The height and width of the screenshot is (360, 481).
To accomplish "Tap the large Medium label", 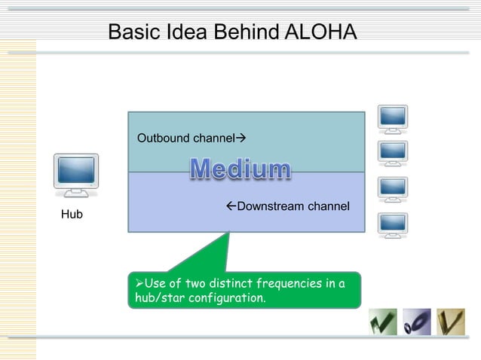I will (240, 169).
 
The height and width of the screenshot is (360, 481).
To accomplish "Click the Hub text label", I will (72, 215).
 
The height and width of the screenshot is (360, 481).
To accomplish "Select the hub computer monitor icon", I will (76, 175).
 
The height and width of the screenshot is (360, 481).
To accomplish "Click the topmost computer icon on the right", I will (393, 119).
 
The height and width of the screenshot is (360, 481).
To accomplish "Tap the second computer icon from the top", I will (393, 154).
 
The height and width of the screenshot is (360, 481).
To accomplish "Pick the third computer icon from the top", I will (393, 189).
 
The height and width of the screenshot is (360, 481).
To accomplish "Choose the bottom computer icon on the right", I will (393, 224).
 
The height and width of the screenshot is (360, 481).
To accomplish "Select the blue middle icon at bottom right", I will (416, 322).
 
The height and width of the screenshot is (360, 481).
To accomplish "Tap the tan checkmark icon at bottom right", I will (451, 322).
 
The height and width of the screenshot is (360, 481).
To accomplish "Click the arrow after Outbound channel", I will (241, 139).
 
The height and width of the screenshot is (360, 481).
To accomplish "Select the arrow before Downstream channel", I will (231, 206).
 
